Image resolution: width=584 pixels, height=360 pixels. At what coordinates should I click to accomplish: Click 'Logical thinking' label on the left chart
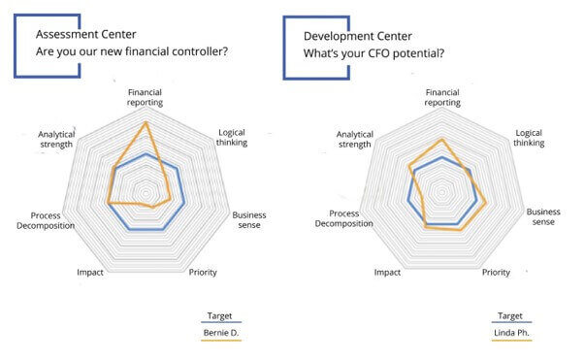(233, 137)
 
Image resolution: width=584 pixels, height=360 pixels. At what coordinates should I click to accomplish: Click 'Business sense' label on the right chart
(544, 216)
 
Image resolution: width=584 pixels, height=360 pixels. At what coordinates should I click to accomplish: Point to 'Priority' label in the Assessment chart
(203, 272)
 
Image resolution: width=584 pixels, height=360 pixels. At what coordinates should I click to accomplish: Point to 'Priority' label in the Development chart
(496, 272)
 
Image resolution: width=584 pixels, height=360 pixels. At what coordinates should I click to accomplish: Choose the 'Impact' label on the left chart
(90, 272)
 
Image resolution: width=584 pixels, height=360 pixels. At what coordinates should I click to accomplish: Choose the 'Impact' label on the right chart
(387, 272)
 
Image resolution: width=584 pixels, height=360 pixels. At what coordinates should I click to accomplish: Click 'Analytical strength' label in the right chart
(353, 139)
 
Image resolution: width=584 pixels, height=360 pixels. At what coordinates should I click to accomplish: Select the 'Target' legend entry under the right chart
(510, 315)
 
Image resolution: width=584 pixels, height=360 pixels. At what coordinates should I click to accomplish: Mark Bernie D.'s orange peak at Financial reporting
(146, 123)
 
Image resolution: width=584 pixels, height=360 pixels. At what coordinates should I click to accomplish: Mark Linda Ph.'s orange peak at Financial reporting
(442, 140)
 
